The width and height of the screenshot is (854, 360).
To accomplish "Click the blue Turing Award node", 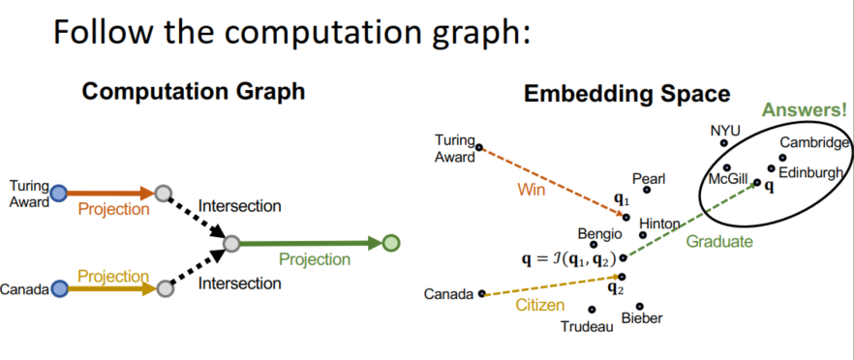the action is click(58, 194).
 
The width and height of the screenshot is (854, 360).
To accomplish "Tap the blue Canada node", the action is click(60, 288).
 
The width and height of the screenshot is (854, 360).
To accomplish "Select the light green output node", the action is click(390, 243).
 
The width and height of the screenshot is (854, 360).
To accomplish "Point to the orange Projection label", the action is click(113, 209).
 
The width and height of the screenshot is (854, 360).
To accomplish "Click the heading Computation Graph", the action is click(194, 91).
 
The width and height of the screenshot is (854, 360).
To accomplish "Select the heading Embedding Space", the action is click(626, 94).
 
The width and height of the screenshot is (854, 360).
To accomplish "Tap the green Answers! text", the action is click(805, 110).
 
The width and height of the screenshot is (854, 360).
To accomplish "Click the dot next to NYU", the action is click(724, 142).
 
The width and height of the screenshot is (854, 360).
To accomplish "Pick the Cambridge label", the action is click(814, 142).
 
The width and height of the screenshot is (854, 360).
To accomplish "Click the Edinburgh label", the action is click(810, 172).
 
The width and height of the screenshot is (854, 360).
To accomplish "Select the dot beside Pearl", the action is click(647, 190).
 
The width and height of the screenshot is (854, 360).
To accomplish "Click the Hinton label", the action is click(659, 224).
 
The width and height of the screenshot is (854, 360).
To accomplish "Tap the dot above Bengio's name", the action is click(594, 245).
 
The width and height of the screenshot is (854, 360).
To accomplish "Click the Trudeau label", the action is click(587, 327).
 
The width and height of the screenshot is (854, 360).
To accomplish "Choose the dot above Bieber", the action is click(640, 306).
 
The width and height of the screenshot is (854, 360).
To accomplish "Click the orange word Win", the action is click(531, 192).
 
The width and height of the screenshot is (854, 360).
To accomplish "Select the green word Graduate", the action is click(718, 241).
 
